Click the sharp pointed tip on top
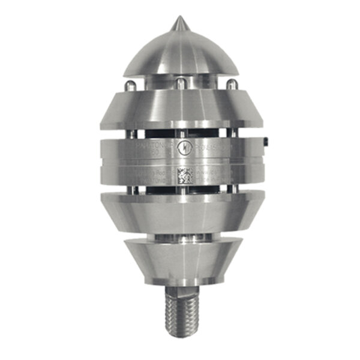pos(178,23)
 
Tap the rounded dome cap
pos(179,54)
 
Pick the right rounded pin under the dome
pos(230,86)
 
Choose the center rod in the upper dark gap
pos(178,133)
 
